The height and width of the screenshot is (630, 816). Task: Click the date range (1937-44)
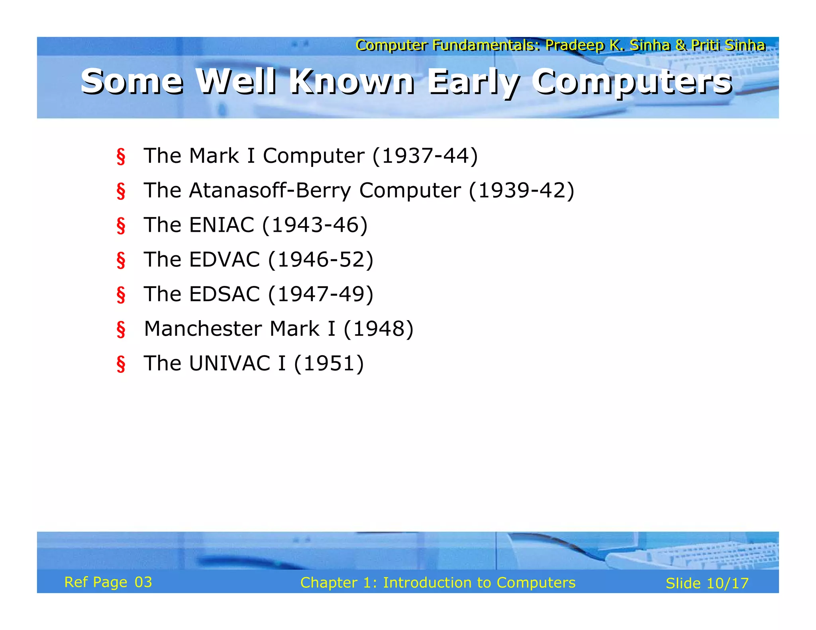[x=425, y=155]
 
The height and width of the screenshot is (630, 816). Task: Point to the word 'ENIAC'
[x=222, y=225]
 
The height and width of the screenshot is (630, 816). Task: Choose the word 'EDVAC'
[x=224, y=259]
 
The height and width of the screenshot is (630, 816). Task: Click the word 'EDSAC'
[x=224, y=294]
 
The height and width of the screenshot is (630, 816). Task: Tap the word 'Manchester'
[x=203, y=329]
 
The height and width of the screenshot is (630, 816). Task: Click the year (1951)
[x=329, y=363]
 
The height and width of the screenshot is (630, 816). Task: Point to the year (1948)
[x=378, y=329]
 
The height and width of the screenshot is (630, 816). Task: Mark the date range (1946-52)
[x=321, y=259]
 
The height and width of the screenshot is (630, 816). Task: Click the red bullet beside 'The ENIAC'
[x=121, y=225]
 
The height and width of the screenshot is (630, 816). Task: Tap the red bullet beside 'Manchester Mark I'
[x=121, y=329]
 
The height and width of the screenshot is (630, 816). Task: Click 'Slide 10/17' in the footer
[x=707, y=583]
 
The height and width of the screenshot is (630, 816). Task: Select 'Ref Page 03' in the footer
[x=108, y=582]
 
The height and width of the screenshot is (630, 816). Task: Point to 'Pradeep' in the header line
[x=575, y=45]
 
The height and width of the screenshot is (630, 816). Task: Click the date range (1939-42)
[x=522, y=190]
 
